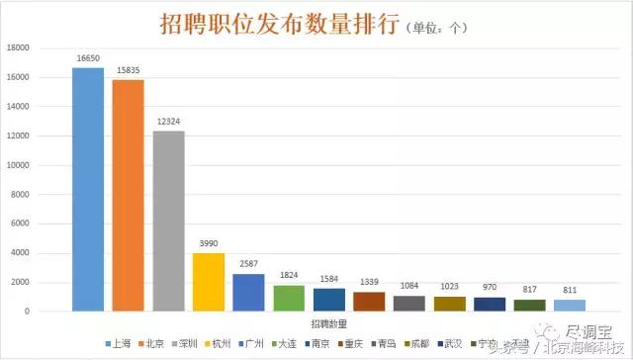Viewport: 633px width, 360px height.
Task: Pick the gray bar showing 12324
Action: pyautogui.click(x=168, y=222)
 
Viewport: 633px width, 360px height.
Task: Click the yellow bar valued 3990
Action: pyautogui.click(x=208, y=283)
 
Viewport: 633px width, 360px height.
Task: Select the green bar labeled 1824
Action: pyautogui.click(x=289, y=299)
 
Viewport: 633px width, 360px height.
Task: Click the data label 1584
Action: pyautogui.click(x=328, y=279)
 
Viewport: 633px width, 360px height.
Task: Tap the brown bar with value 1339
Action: pyautogui.click(x=369, y=302)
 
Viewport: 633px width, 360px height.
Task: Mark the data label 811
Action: pyautogui.click(x=570, y=291)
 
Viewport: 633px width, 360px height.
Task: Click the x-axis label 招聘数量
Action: pyautogui.click(x=328, y=324)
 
